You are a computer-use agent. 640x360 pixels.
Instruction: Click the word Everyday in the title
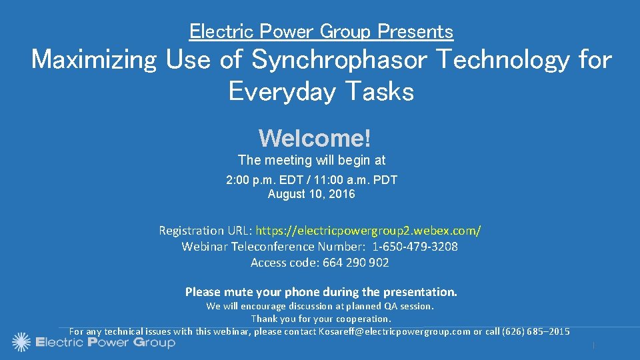(x=277, y=91)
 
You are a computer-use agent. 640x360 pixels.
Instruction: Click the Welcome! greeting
(x=314, y=138)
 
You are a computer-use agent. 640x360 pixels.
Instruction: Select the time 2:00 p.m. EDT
(x=259, y=180)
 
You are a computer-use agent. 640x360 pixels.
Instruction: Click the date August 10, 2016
(x=311, y=195)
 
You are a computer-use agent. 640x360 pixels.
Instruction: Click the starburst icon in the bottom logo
(x=21, y=342)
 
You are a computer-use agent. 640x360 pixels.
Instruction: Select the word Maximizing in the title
(x=93, y=60)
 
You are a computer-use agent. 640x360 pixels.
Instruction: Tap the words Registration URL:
(x=205, y=231)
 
